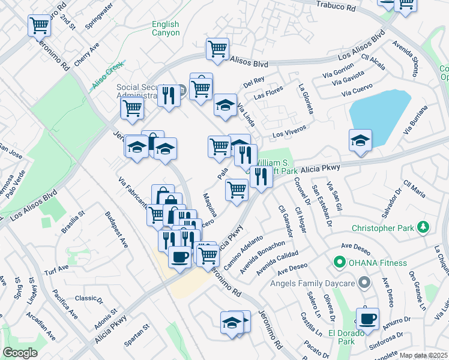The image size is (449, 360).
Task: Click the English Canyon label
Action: [x=165, y=28]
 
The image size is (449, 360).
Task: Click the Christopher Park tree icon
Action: [x=424, y=227]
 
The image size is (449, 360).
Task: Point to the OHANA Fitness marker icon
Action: [x=339, y=262]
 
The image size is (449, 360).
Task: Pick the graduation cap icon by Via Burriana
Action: [x=360, y=140]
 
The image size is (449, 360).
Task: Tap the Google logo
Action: [x=20, y=353]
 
